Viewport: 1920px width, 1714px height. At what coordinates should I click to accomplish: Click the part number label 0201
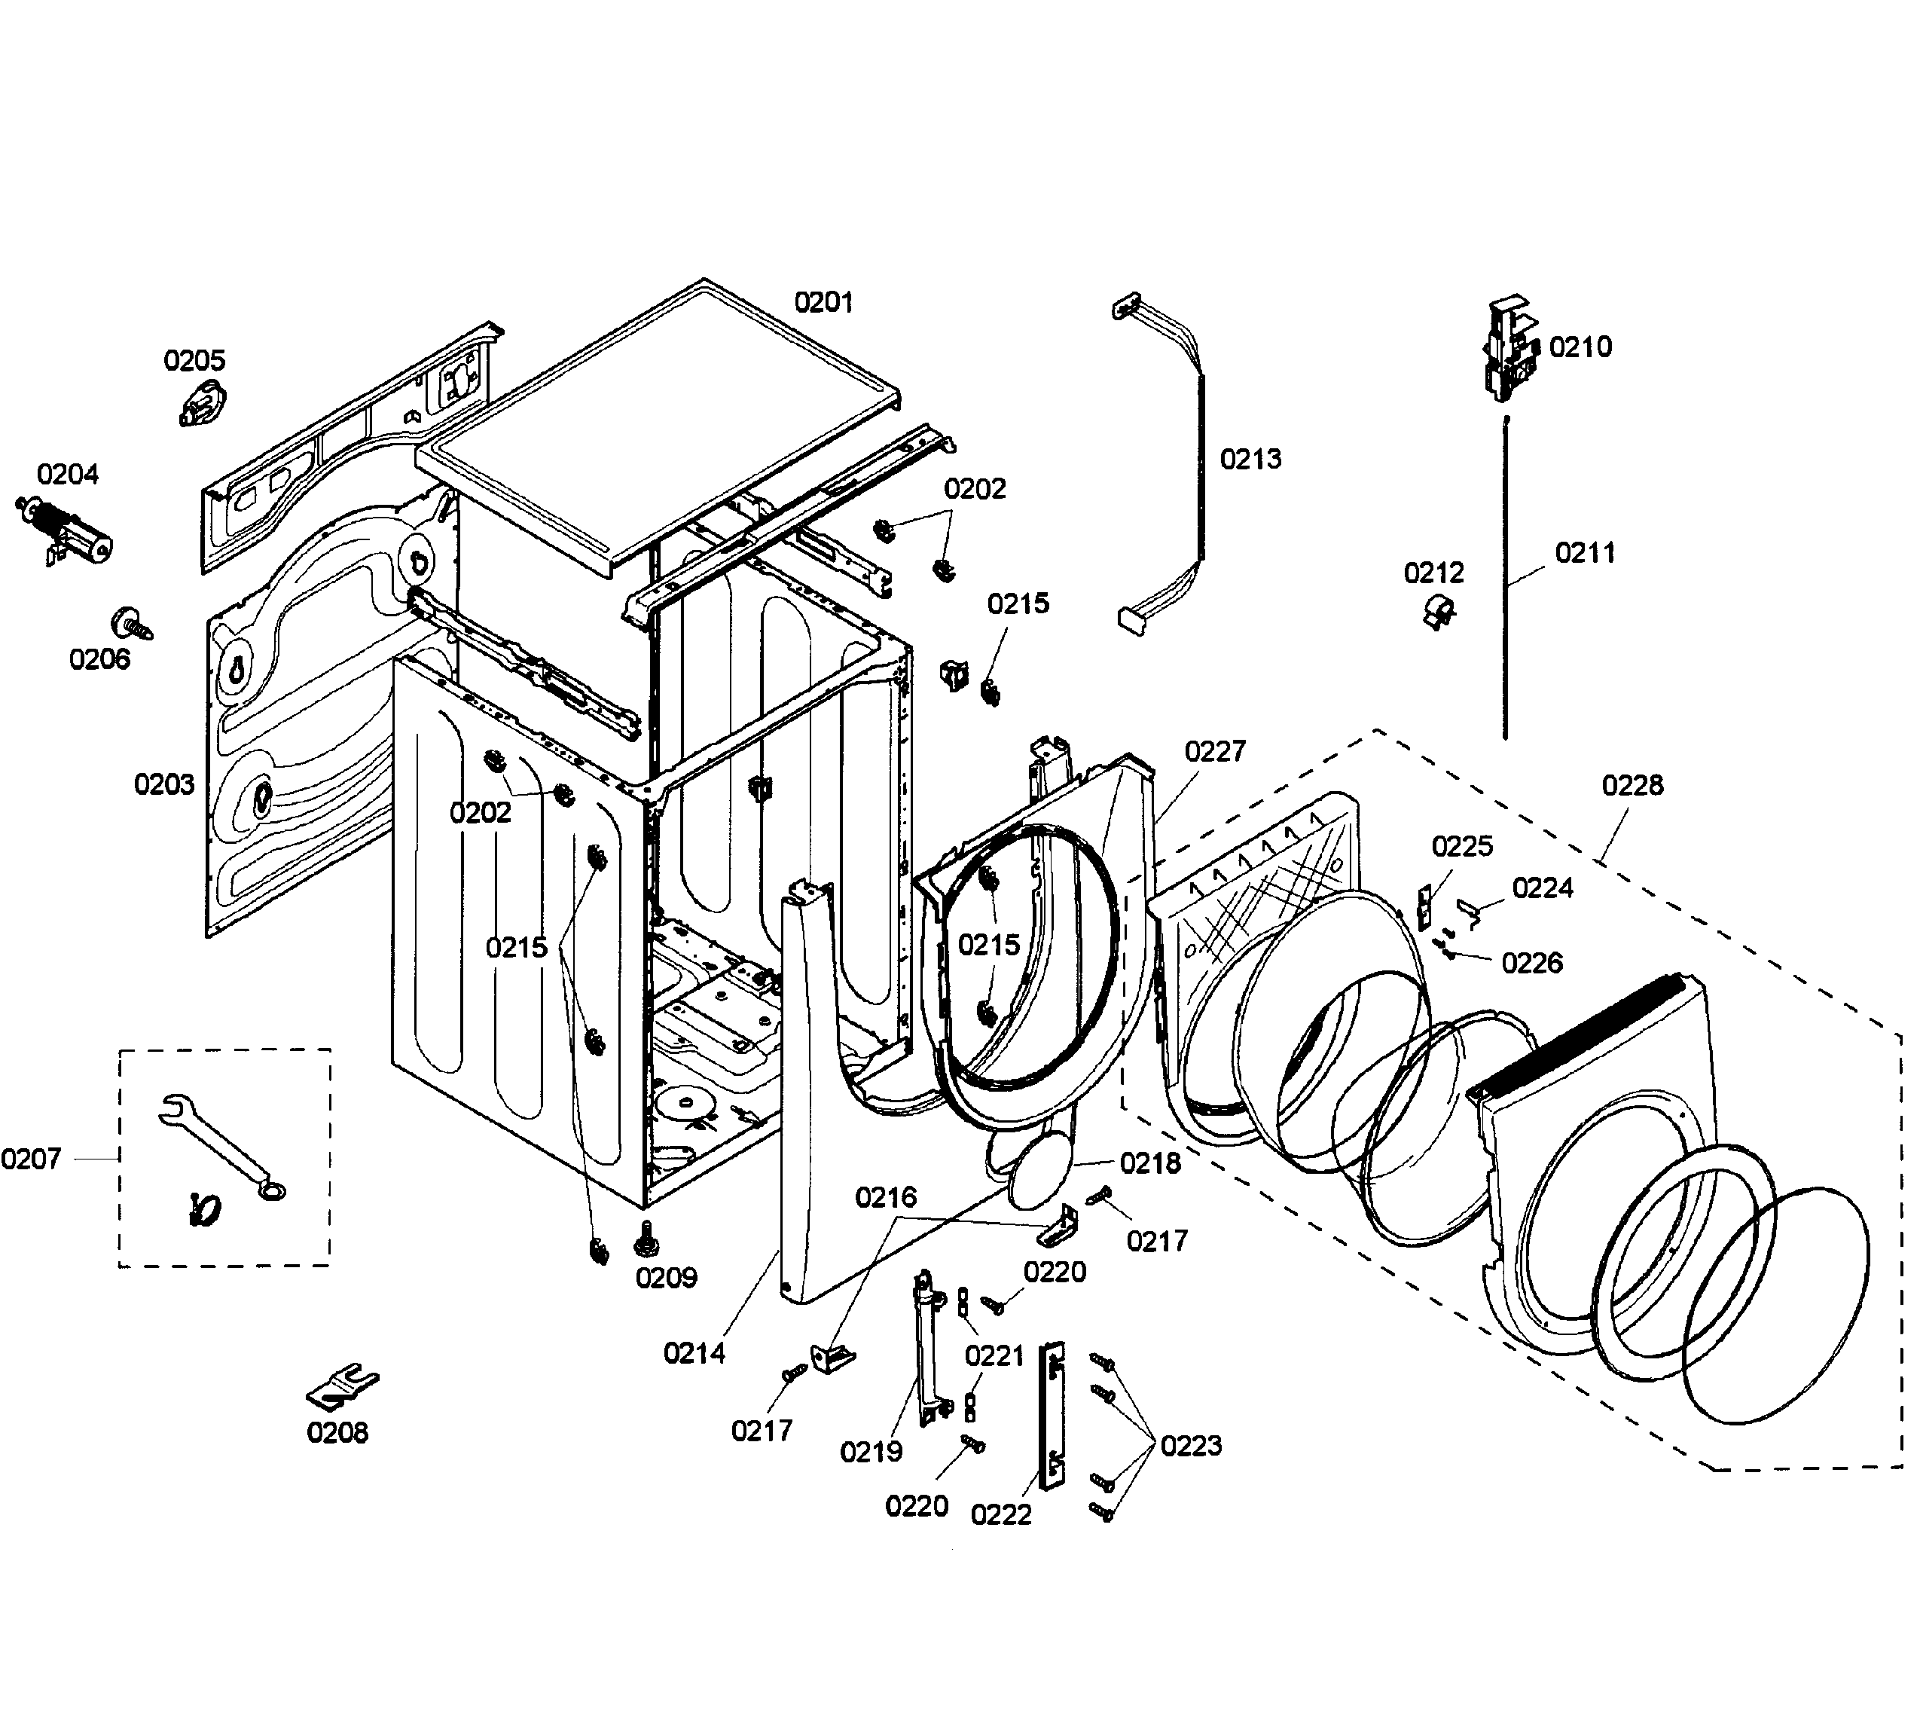pyautogui.click(x=823, y=302)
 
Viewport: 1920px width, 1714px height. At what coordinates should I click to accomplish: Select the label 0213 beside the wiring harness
pyautogui.click(x=1250, y=460)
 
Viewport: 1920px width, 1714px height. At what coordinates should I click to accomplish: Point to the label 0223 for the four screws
pyautogui.click(x=1190, y=1446)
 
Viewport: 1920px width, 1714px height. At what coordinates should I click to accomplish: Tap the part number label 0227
pyautogui.click(x=1215, y=752)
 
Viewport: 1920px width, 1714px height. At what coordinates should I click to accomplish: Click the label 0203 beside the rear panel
pyautogui.click(x=164, y=784)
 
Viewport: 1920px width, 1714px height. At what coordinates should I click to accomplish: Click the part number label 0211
pyautogui.click(x=1585, y=553)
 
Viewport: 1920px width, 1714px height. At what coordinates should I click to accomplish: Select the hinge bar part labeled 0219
pyautogui.click(x=926, y=1347)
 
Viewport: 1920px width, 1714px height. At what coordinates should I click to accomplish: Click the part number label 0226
pyautogui.click(x=1532, y=963)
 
